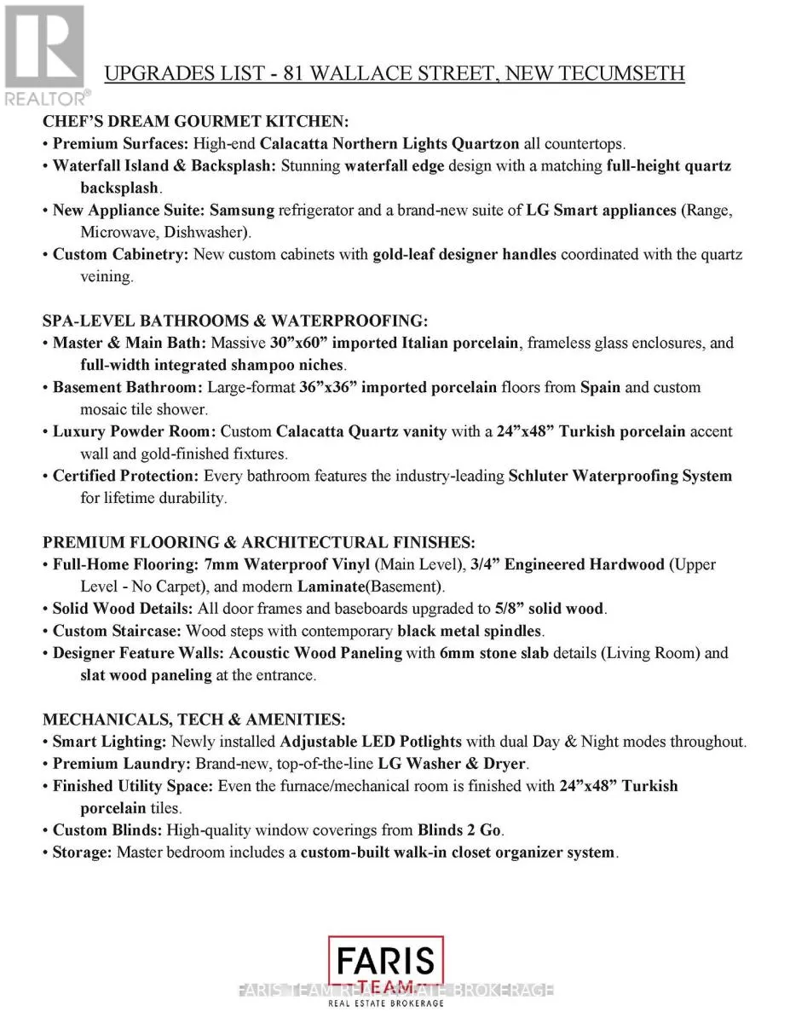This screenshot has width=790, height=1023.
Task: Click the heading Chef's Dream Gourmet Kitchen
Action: pos(195,122)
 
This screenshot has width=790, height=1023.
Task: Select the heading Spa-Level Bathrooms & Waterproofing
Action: pos(235,321)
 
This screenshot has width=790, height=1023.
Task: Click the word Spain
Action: pos(601,387)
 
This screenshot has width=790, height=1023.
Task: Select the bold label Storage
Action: pos(82,852)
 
